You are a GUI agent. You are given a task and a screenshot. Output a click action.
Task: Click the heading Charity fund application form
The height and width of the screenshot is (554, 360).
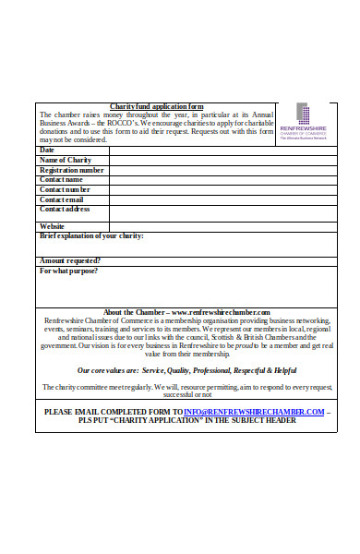click(x=157, y=107)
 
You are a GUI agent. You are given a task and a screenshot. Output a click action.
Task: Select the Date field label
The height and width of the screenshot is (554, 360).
click(x=47, y=150)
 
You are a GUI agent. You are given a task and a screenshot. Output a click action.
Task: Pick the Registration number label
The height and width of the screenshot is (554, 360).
click(x=71, y=170)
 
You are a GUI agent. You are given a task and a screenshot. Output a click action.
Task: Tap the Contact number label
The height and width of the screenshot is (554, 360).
click(x=65, y=189)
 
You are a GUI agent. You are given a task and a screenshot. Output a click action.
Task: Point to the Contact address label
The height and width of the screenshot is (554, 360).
click(x=65, y=210)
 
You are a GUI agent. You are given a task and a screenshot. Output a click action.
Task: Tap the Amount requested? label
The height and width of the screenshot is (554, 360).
click(x=69, y=260)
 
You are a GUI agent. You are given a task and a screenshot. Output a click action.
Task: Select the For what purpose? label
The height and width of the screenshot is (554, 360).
click(x=68, y=271)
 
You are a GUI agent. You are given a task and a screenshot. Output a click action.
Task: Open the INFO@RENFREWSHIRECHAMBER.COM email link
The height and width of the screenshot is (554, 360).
click(x=254, y=411)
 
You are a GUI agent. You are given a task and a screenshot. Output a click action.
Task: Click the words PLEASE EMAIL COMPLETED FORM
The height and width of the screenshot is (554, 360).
click(x=113, y=411)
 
